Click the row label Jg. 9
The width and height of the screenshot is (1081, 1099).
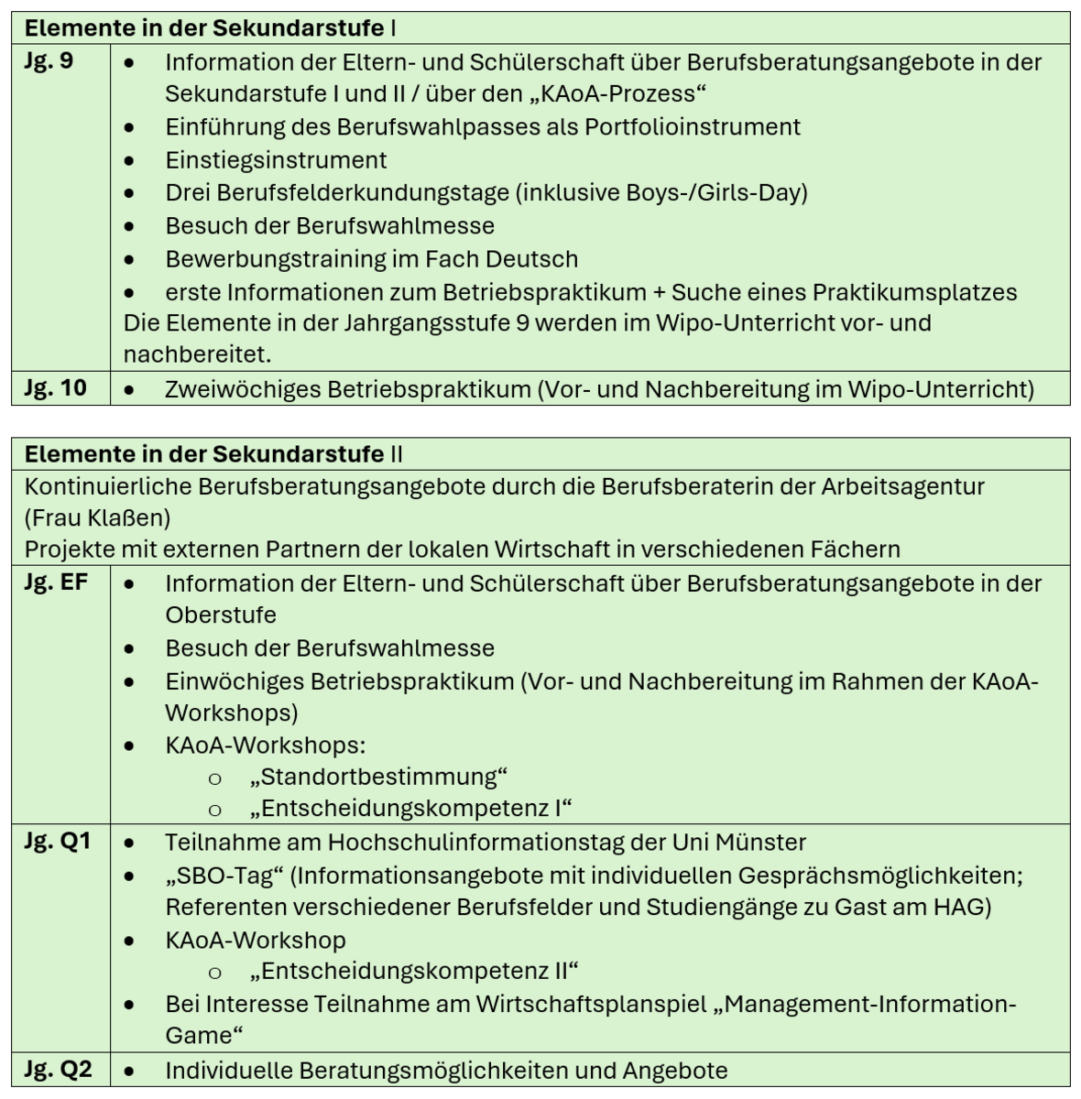pyautogui.click(x=49, y=61)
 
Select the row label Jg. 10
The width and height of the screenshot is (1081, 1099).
pyautogui.click(x=55, y=387)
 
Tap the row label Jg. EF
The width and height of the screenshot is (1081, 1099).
pyautogui.click(x=56, y=582)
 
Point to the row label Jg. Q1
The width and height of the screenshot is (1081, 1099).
pyautogui.click(x=57, y=841)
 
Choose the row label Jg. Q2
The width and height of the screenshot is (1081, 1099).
pyautogui.click(x=58, y=1069)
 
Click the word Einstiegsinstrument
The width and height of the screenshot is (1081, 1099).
pyautogui.click(x=276, y=160)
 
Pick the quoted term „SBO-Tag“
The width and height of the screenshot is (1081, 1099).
pyautogui.click(x=224, y=876)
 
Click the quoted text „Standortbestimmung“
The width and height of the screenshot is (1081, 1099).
pyautogui.click(x=378, y=778)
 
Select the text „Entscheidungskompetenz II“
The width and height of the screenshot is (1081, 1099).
pyautogui.click(x=414, y=971)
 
